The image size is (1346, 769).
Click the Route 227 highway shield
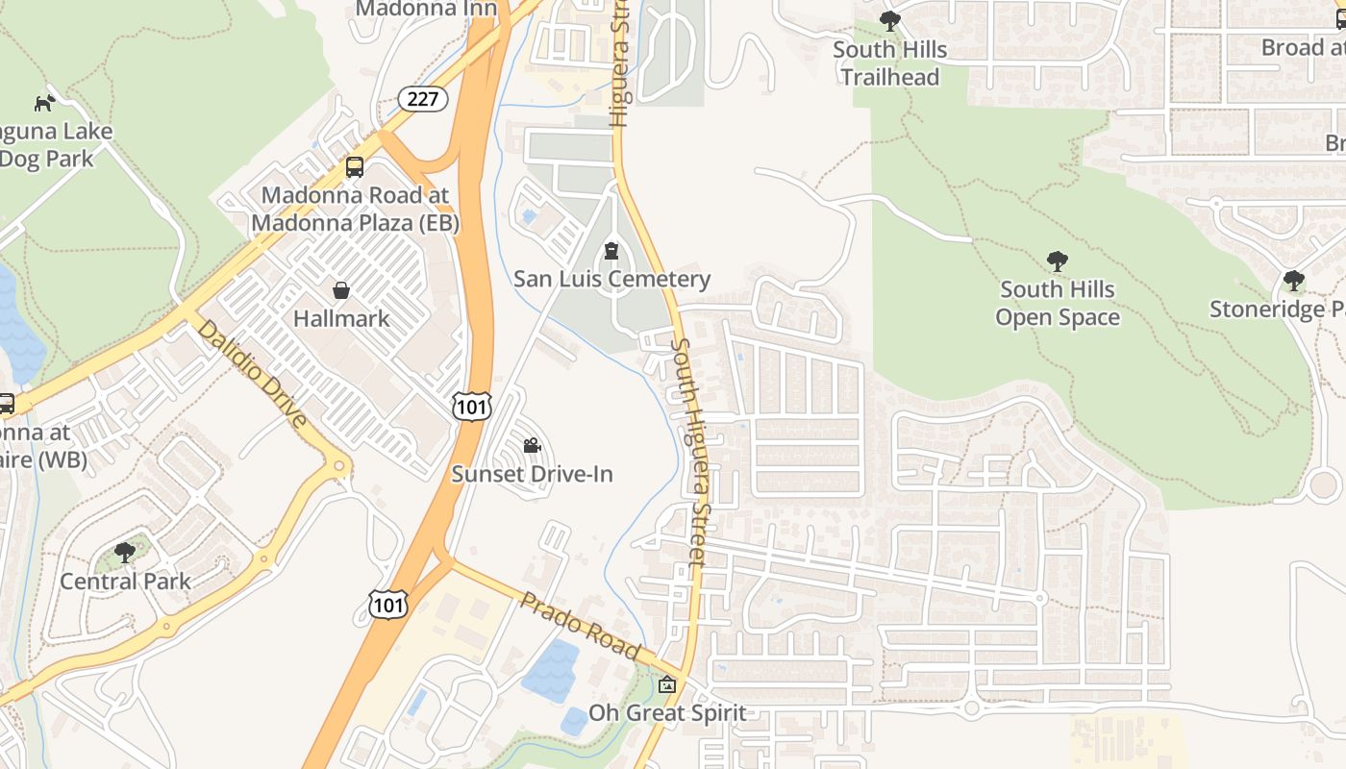pyautogui.click(x=423, y=98)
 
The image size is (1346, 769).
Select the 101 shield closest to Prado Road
pyautogui.click(x=387, y=604)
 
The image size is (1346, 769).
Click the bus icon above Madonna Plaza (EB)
pyautogui.click(x=355, y=167)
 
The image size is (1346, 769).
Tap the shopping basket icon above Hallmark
pyautogui.click(x=341, y=290)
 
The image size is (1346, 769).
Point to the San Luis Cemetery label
pyautogui.click(x=611, y=280)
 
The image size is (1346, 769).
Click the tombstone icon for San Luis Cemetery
pyautogui.click(x=611, y=252)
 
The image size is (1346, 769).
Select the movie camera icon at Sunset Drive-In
pyautogui.click(x=532, y=446)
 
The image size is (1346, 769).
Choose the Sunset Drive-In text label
pyautogui.click(x=532, y=474)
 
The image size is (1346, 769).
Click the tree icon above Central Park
pyautogui.click(x=125, y=553)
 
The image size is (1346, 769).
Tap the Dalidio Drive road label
pyautogui.click(x=253, y=373)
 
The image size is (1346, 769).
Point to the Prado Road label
pyautogui.click(x=580, y=626)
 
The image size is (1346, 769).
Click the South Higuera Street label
pyautogui.click(x=693, y=452)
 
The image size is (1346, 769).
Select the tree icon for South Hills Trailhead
pyautogui.click(x=890, y=21)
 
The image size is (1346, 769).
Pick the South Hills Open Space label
pyautogui.click(x=1058, y=303)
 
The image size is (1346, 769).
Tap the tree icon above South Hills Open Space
pyautogui.click(x=1058, y=261)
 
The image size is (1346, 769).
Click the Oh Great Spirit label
pyautogui.click(x=667, y=713)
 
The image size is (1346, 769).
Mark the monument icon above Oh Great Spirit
pyautogui.click(x=667, y=685)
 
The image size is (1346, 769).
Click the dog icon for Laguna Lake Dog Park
pyautogui.click(x=44, y=103)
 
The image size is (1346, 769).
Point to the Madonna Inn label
pyautogui.click(x=426, y=10)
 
